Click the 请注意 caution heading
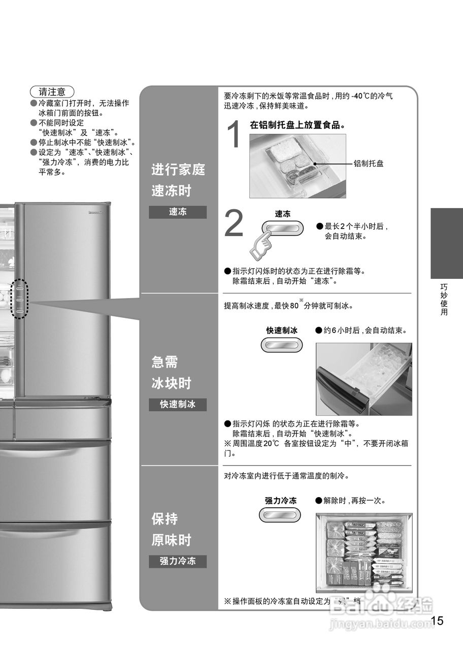[x=52, y=92]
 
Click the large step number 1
[x=234, y=135]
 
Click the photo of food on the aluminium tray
[x=297, y=166]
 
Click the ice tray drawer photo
[x=363, y=379]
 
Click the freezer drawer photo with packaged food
[x=363, y=552]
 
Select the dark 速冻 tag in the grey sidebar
[x=178, y=212]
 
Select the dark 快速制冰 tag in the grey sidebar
[x=178, y=405]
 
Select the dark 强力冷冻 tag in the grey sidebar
[x=178, y=561]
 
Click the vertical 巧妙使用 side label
[x=444, y=300]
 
